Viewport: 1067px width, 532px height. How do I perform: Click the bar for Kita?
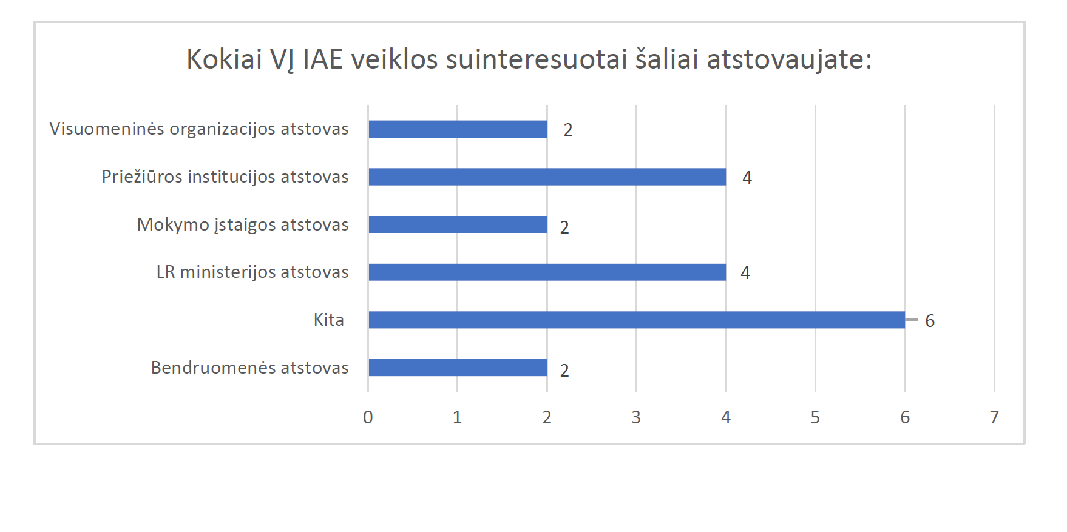coord(637,320)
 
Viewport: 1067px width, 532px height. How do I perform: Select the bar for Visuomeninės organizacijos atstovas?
coord(458,129)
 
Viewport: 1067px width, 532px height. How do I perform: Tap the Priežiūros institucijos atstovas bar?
coord(547,177)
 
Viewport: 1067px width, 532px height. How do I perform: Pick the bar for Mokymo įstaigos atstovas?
coord(458,224)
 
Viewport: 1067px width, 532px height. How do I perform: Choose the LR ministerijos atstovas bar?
coord(547,272)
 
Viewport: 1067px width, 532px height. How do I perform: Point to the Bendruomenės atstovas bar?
coord(458,368)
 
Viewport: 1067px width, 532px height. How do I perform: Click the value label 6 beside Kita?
coord(930,321)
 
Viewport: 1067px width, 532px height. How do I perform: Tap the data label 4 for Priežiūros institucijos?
coord(747,178)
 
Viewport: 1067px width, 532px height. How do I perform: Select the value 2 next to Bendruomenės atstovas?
coord(564,371)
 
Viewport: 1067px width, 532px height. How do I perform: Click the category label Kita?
coord(329,320)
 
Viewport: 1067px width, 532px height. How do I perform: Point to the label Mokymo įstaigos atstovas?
coord(243,224)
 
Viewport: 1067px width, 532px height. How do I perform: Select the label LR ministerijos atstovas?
coord(252,272)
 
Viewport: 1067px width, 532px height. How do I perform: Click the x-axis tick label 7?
coord(994,417)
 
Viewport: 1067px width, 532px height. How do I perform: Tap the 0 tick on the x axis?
coord(368,417)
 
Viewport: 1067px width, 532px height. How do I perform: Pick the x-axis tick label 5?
coord(815,417)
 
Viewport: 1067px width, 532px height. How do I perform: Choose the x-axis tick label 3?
coord(636,417)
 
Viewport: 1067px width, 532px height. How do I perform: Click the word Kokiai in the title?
coord(225,59)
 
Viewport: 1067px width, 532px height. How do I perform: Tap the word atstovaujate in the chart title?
coord(789,60)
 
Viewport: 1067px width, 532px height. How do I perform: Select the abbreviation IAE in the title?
coord(323,59)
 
